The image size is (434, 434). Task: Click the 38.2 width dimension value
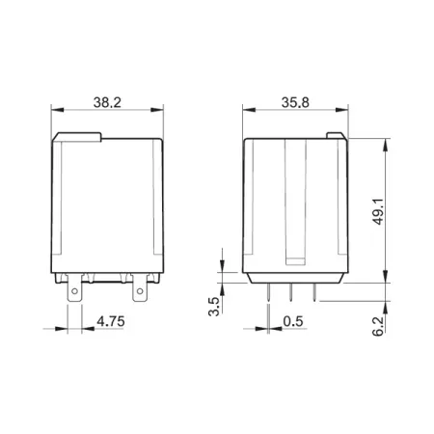pyautogui.click(x=107, y=102)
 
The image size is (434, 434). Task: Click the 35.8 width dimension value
pyautogui.click(x=295, y=102)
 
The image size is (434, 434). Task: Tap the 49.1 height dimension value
pyautogui.click(x=378, y=211)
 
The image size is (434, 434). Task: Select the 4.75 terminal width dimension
pyautogui.click(x=111, y=321)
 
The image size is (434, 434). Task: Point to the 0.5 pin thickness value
pyautogui.click(x=293, y=321)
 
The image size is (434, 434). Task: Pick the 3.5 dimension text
pyautogui.click(x=213, y=307)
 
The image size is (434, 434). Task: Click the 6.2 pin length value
pyautogui.click(x=378, y=326)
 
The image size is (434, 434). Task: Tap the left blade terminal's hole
pyautogui.click(x=74, y=291)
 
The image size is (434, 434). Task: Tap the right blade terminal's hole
pyautogui.click(x=140, y=291)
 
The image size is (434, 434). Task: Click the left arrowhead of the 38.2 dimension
pyautogui.click(x=58, y=110)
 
